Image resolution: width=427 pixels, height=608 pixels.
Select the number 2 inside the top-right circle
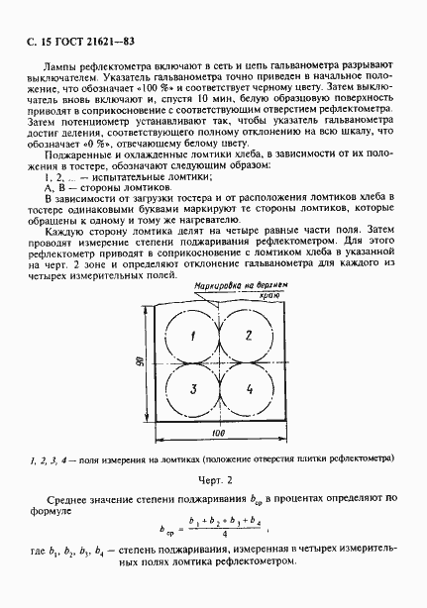[249, 335]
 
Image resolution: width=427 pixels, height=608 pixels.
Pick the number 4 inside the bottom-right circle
[249, 388]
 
